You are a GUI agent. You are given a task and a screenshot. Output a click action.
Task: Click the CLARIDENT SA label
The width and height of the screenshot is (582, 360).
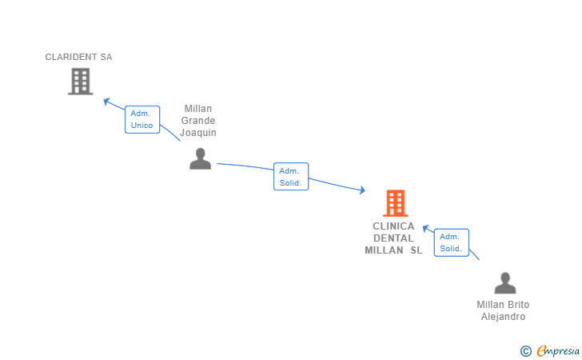pos(78,57)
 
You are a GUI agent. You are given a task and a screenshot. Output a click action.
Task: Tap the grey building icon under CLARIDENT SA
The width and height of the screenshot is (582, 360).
pos(81,82)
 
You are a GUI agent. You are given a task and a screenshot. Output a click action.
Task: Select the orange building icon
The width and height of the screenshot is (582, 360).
pos(396,203)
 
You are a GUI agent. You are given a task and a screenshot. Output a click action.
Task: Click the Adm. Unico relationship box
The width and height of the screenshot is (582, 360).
pos(142,119)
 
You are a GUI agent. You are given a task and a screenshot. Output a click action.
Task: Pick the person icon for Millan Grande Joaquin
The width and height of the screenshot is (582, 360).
pos(201,158)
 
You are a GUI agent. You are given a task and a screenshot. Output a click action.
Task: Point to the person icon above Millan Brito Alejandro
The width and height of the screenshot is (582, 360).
pos(505,282)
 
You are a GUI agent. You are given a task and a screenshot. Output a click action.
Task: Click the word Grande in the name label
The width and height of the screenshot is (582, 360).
pos(198,121)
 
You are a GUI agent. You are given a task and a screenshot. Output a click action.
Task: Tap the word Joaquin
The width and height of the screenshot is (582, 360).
pos(198,133)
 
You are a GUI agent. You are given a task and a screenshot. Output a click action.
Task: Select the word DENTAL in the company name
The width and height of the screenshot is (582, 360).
pos(393,238)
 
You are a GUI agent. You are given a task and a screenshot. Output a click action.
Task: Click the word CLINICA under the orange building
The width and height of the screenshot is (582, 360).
pos(393,226)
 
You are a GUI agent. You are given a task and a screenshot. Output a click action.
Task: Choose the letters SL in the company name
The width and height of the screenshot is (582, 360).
pos(417,250)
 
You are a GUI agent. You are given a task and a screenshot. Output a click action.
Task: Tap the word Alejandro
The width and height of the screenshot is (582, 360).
pos(504,317)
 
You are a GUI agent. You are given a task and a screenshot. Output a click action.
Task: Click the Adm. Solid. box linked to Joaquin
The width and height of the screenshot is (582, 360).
pos(291,177)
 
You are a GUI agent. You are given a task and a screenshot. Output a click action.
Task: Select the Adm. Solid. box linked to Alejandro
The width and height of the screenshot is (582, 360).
pos(452,242)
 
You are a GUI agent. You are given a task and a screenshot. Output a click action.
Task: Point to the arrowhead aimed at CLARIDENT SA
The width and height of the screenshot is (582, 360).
pos(106,101)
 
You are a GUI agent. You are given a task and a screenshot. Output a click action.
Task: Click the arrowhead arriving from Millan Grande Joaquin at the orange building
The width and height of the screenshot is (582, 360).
pos(362,190)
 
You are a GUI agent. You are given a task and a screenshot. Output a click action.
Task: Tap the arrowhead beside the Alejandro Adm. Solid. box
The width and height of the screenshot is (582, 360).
pos(426,228)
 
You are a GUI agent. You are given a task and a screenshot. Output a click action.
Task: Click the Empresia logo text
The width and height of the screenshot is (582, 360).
pos(558,350)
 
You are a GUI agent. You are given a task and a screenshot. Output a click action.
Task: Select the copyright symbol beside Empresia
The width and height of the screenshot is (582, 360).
pos(526,351)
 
